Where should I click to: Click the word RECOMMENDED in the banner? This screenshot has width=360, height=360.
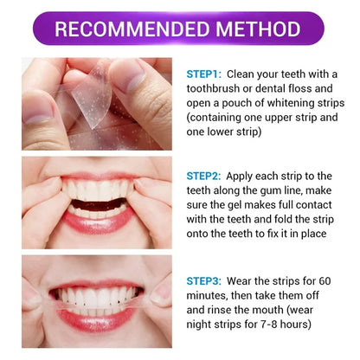click(132, 29)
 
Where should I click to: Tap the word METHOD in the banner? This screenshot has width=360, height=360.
click(259, 29)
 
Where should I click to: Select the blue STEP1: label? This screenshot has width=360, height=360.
click(204, 74)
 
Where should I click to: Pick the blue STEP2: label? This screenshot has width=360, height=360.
click(203, 176)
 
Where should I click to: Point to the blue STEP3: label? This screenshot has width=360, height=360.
click(204, 281)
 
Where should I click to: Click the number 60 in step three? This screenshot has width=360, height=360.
click(325, 281)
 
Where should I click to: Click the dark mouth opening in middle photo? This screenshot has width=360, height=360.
click(98, 204)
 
